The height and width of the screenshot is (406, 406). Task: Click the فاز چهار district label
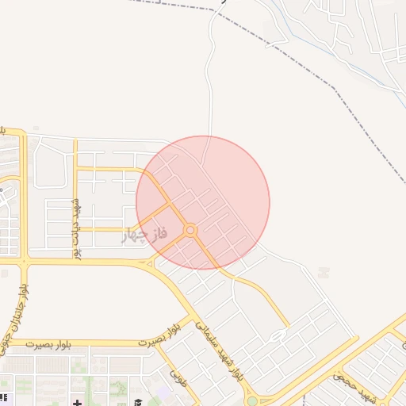[x=145, y=236]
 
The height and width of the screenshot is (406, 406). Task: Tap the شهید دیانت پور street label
[x=78, y=228]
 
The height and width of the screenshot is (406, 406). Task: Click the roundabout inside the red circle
[x=190, y=230]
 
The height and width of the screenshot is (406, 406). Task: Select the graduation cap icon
[x=137, y=400]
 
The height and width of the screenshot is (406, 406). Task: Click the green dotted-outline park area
[x=119, y=389]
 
